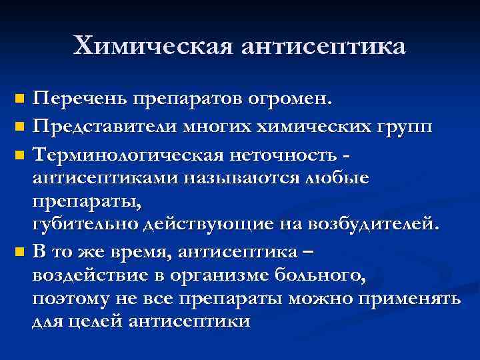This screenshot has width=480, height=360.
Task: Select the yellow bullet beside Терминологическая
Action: coord(19,153)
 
